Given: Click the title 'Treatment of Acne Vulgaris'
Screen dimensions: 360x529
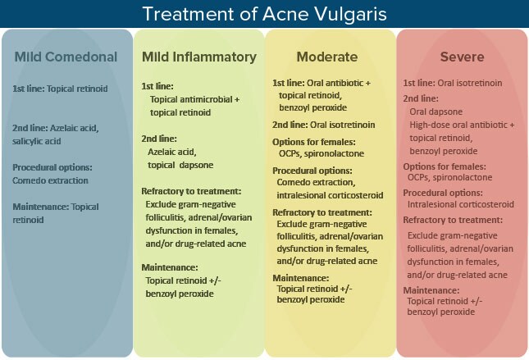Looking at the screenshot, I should (264, 14).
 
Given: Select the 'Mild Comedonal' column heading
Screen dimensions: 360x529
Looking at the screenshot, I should (66, 57).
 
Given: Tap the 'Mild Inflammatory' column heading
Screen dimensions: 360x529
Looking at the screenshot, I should (198, 57).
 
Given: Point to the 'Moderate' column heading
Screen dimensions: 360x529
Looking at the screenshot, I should (327, 57).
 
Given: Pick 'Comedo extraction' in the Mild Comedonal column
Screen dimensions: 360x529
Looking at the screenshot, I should (51, 180).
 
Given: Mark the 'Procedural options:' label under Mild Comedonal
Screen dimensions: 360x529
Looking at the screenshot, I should (52, 167).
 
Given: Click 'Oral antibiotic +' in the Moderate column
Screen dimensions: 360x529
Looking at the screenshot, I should (341, 83).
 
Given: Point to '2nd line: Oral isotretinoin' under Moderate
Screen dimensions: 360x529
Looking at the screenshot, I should (325, 124).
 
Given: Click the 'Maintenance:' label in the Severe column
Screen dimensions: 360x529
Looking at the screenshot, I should (431, 291).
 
